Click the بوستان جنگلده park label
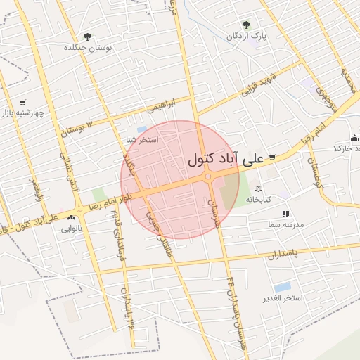88,47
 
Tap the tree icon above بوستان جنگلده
87,37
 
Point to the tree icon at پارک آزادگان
245,25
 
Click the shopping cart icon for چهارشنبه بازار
22,102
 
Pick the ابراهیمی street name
162,104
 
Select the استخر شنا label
142,140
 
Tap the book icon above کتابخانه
258,188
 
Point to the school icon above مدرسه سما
285,214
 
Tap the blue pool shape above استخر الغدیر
283,287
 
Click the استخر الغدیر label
283,298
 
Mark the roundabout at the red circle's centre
208,177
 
